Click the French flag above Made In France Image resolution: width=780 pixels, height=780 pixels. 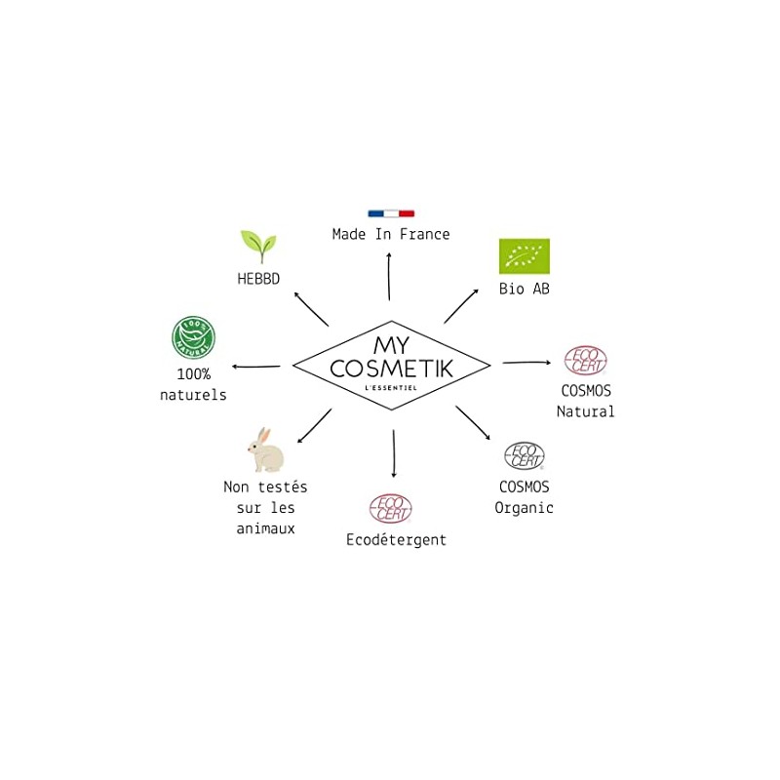(x=391, y=213)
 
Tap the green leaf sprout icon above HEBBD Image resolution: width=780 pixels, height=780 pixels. (x=258, y=247)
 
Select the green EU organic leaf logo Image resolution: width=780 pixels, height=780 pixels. (x=525, y=256)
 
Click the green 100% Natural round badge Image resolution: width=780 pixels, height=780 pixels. (x=193, y=338)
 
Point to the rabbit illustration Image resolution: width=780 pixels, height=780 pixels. (x=264, y=450)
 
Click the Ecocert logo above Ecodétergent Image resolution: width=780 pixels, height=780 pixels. (x=391, y=508)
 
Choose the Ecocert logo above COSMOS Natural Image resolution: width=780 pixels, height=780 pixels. (x=586, y=362)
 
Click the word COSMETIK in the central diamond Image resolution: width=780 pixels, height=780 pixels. (x=391, y=369)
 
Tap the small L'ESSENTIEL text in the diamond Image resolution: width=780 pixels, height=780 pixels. (x=391, y=389)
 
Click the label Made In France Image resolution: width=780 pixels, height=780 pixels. (x=391, y=234)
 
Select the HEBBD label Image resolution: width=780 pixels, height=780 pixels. (x=258, y=279)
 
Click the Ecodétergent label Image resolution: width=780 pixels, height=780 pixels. (x=396, y=539)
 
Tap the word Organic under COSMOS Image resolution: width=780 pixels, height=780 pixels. (x=524, y=507)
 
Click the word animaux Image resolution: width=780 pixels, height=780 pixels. (x=265, y=528)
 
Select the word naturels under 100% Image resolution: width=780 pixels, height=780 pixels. (x=193, y=395)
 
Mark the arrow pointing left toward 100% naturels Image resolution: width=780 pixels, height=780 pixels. (x=256, y=367)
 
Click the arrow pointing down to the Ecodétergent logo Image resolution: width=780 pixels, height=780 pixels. (x=393, y=453)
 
